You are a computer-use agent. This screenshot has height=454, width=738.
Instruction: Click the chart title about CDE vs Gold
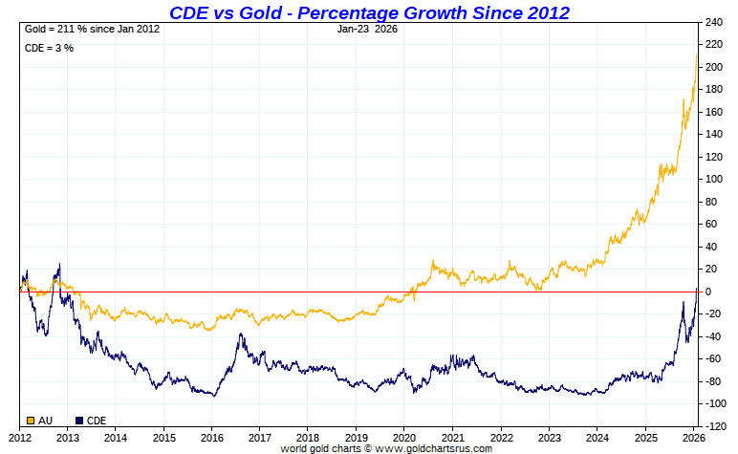coord(369,12)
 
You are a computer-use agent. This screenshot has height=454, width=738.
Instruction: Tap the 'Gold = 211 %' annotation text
coord(92,29)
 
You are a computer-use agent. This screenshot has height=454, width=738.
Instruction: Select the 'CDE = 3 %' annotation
coord(49,48)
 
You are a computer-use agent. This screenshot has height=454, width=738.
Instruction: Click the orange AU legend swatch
coord(32,420)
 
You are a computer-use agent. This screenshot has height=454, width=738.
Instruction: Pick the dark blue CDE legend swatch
coord(79,420)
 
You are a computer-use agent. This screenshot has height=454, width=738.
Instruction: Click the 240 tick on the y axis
coord(715,22)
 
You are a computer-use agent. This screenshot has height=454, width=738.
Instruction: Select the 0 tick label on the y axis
coord(708,292)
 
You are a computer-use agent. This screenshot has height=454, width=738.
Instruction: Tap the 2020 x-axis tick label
coord(404,437)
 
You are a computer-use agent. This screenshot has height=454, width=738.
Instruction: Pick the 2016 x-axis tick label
coord(211,437)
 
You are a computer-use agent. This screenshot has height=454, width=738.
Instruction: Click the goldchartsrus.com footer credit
coord(386,448)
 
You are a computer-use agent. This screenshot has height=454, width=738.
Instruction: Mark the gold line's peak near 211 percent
coord(696,55)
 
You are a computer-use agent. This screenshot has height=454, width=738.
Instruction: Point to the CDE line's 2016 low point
coord(214,396)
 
